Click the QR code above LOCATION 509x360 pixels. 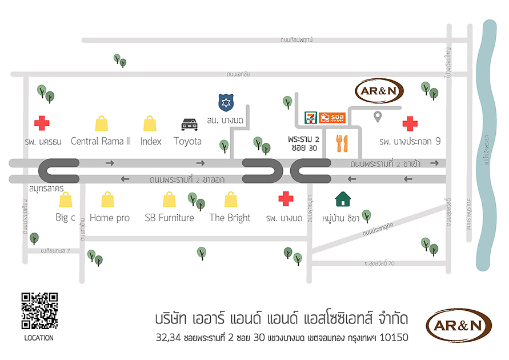(39, 311)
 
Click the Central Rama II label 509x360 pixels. (101, 141)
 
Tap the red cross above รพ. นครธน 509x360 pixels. (41, 122)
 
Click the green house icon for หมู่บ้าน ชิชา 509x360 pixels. (343, 199)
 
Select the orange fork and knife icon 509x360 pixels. (343, 143)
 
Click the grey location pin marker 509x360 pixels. (377, 118)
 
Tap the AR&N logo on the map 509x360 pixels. (379, 91)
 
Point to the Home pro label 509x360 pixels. (110, 218)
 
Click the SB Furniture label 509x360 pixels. (169, 218)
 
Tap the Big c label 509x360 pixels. (66, 218)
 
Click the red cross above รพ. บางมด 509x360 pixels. (286, 199)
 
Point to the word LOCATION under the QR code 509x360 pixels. (39, 338)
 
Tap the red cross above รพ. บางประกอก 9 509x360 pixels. (410, 123)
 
